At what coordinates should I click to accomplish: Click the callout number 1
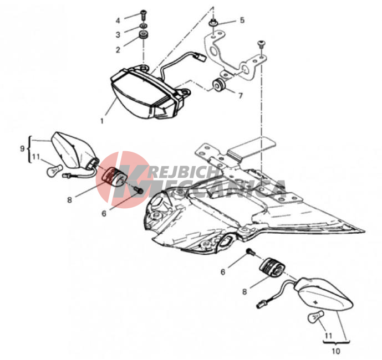[102, 121]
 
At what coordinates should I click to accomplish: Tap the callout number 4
[118, 20]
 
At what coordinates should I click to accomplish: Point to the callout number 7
[241, 95]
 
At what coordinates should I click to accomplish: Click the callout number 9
[22, 148]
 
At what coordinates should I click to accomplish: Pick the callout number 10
[336, 351]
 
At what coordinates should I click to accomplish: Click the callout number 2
[118, 50]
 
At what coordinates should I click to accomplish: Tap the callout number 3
[118, 35]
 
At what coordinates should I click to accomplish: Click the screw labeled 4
[144, 14]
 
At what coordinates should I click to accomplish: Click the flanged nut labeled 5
[213, 24]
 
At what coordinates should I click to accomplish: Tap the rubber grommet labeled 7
[219, 85]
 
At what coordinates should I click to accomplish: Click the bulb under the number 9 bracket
[54, 170]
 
